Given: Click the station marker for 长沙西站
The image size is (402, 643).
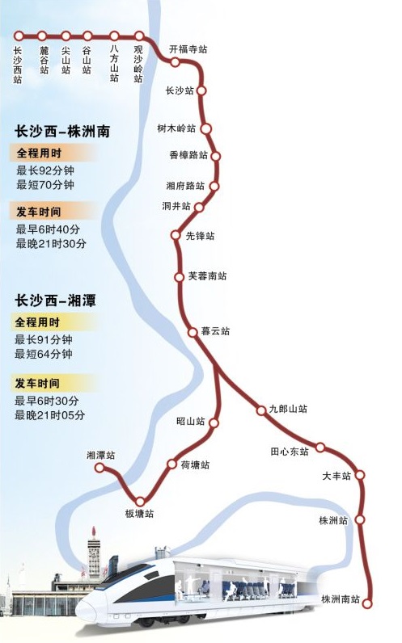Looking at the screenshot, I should coord(18,36).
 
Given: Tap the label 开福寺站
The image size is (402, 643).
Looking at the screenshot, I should coord(188,49).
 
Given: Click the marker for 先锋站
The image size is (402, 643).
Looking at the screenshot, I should coord(176,236).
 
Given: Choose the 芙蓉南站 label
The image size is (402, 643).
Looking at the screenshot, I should coord(207,276).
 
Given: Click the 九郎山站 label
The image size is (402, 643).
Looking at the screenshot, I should coord(288,410).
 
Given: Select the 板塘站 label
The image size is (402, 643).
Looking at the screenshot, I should coord(138,514).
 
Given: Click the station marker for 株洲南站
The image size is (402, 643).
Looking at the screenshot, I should coord(369,603).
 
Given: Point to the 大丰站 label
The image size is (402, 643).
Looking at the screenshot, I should coord(336,477).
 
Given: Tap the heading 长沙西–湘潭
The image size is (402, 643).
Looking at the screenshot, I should coord(55,300).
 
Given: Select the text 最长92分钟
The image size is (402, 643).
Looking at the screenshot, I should coord(45,170).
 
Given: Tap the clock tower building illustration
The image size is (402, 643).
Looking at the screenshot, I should coord(95,557).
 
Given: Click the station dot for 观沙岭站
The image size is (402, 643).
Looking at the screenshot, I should coord(139,36).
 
